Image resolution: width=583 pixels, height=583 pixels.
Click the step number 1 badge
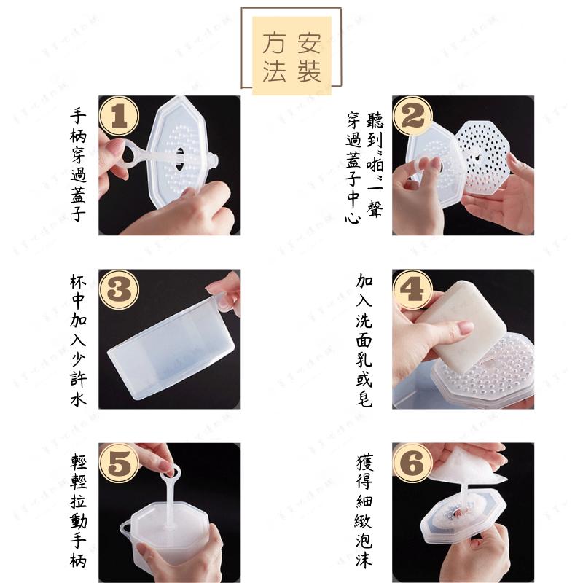click(x=119, y=117)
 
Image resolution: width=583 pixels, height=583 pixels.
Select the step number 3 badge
click(x=119, y=290)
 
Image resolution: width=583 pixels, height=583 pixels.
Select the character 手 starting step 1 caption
click(x=79, y=114)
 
